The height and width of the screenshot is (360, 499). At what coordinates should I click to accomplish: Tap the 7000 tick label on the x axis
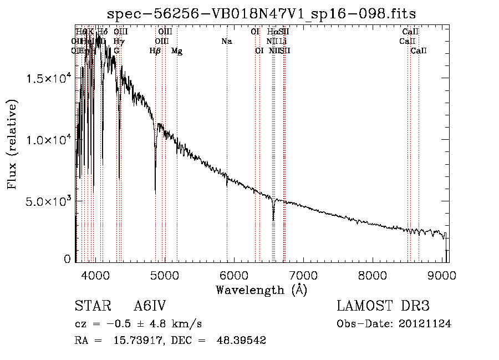pyautogui.click(x=303, y=275)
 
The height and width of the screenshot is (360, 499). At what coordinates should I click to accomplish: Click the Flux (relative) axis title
pyautogui.click(x=12, y=144)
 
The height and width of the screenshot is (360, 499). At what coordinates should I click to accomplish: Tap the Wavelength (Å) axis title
pyautogui.click(x=261, y=290)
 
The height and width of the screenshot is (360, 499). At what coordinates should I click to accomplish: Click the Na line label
pyautogui.click(x=226, y=41)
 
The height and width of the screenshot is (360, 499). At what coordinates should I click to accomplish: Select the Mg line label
pyautogui.click(x=176, y=51)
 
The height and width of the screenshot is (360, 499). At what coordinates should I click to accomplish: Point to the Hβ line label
pyautogui.click(x=155, y=51)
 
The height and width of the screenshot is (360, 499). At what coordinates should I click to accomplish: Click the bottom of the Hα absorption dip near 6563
pyautogui.click(x=273, y=220)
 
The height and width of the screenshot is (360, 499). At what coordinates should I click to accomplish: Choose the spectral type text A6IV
pyautogui.click(x=150, y=306)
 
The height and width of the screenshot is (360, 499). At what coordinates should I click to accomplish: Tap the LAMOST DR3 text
pyautogui.click(x=383, y=306)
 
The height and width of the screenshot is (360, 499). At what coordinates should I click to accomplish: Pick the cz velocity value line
pyautogui.click(x=138, y=324)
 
